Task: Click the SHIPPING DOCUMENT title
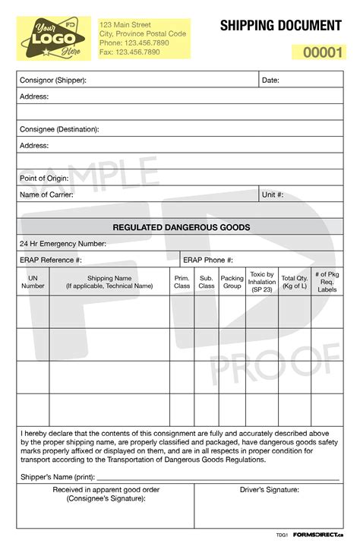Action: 280,26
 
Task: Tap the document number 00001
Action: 324,53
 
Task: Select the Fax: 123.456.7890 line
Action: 130,52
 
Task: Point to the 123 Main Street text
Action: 125,25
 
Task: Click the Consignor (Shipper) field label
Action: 53,81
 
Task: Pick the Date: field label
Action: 270,81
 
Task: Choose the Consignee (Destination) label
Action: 59,129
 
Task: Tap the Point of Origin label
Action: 44,178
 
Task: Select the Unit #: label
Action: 273,194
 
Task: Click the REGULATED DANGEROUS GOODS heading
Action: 182,227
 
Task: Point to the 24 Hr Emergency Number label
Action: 63,244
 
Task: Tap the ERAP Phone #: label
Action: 209,260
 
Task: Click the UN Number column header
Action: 33,282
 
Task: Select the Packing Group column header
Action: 232,282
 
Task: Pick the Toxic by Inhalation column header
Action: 262,282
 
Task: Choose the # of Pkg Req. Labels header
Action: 327,282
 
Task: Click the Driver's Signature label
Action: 270,490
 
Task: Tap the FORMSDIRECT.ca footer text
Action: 318,535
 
